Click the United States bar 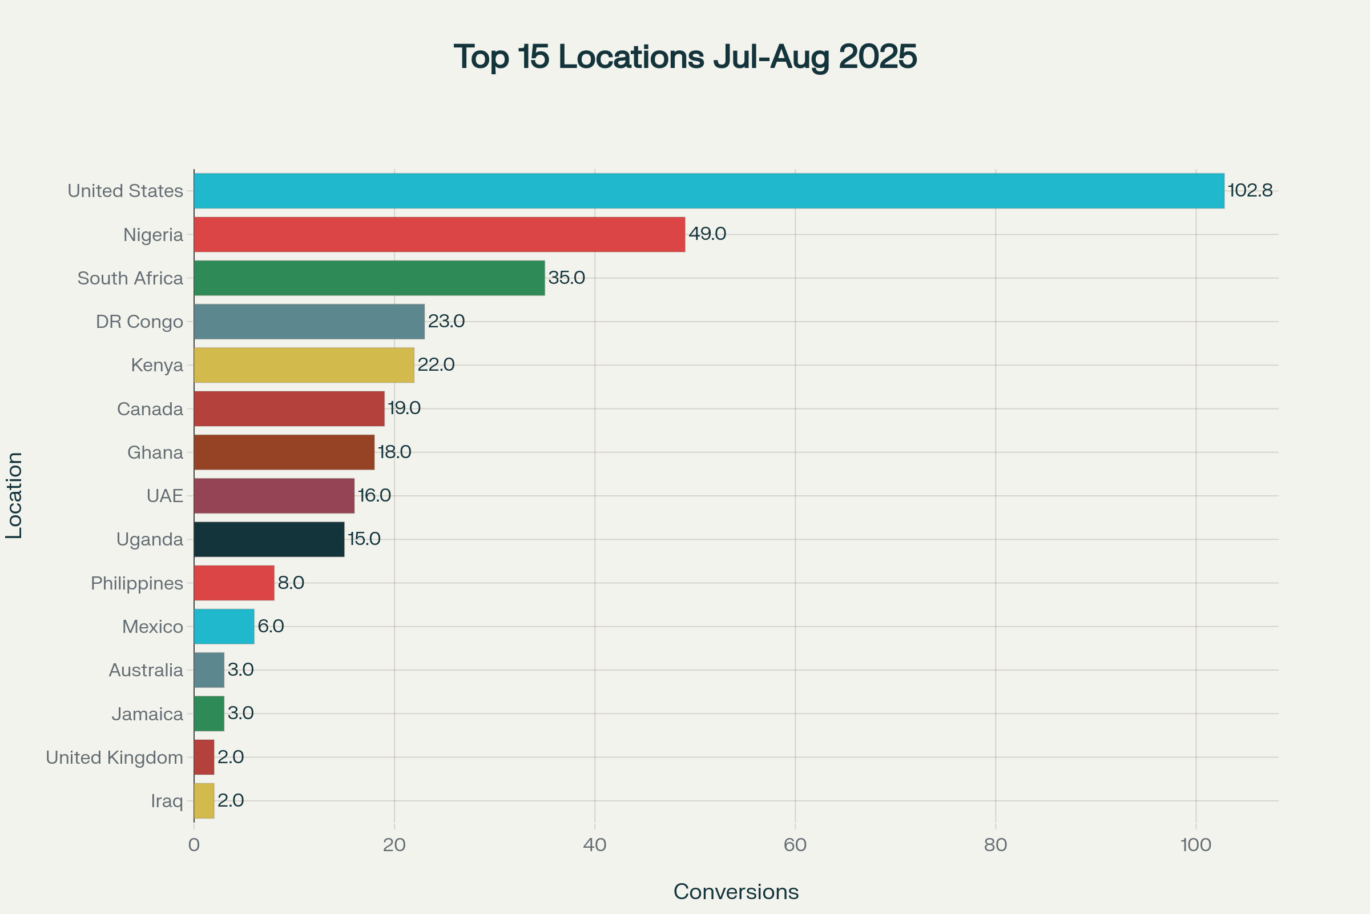(x=709, y=191)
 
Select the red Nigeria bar (x=439, y=234)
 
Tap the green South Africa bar (x=369, y=278)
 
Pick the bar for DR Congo (x=309, y=321)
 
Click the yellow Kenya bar (x=304, y=365)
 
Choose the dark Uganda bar (x=269, y=539)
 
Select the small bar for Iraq (x=204, y=800)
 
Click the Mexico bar (x=224, y=626)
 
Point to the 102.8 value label (x=1250, y=191)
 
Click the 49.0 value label (x=707, y=234)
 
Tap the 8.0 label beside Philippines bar (x=291, y=582)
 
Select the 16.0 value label (x=374, y=495)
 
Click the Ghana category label (x=155, y=452)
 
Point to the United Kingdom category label (x=114, y=757)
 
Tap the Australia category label (x=146, y=670)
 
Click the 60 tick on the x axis (x=795, y=845)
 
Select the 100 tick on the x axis (x=1196, y=845)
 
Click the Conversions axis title (x=736, y=892)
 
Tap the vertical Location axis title (x=14, y=495)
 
